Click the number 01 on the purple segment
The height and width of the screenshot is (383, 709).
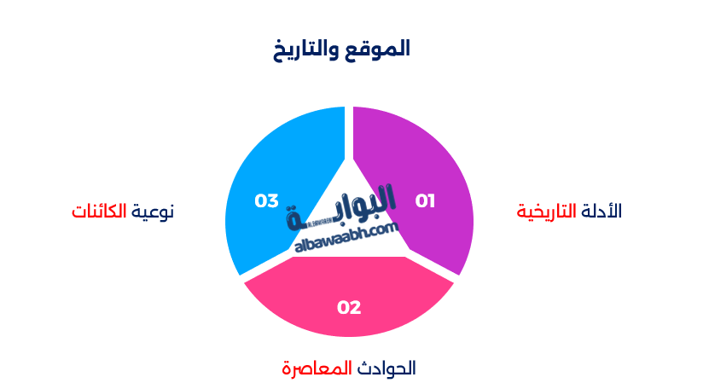pos(425,201)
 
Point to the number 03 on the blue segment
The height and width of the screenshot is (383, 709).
pos(267,201)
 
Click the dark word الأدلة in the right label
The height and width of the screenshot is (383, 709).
pos(602,211)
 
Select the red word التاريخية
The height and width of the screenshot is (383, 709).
pos(547,211)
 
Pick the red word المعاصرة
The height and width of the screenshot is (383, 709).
pos(317,368)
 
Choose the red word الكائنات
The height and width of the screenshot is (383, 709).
pos(99,211)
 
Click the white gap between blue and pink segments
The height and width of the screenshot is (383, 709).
pos(265,265)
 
